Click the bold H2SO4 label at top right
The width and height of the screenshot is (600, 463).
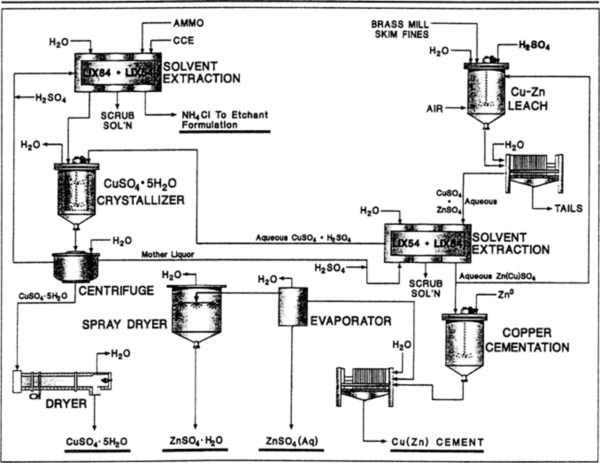537,44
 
